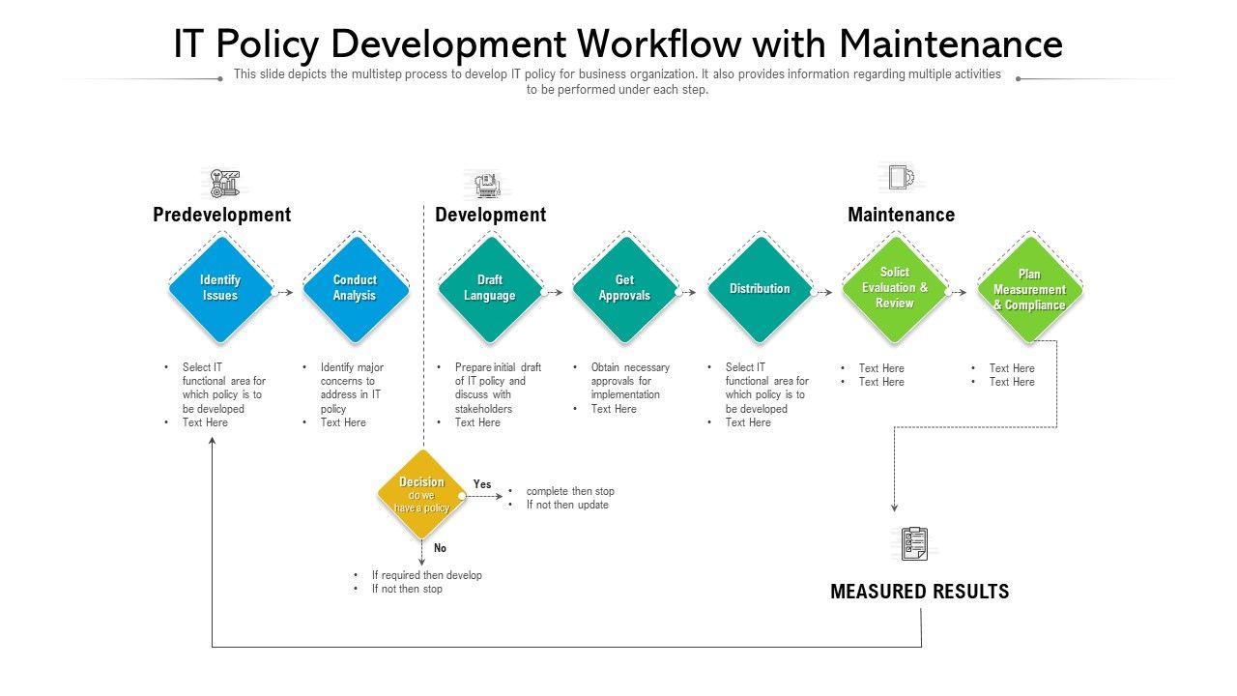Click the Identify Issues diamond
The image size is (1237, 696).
click(x=220, y=288)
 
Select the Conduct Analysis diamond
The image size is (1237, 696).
click(x=355, y=288)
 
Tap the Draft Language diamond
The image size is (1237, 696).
click(x=490, y=288)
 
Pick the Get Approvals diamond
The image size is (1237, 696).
click(x=624, y=288)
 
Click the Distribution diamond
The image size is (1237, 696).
click(x=760, y=288)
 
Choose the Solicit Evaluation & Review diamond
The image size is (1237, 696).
click(x=894, y=288)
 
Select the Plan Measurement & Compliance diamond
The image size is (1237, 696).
click(x=1029, y=289)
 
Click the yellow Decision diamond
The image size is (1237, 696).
click(x=421, y=494)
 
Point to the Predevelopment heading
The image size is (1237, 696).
click(x=221, y=215)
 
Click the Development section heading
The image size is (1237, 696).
click(x=490, y=215)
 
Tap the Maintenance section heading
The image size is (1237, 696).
click(x=901, y=215)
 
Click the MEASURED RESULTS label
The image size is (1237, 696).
click(x=919, y=592)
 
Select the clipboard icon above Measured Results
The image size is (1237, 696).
click(x=914, y=543)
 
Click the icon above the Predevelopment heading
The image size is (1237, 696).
click(x=225, y=183)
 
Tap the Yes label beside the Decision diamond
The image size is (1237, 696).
click(x=482, y=484)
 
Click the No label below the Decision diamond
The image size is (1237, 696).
click(x=441, y=548)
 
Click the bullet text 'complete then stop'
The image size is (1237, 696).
click(x=570, y=491)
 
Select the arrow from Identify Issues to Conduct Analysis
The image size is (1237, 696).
click(x=284, y=291)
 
